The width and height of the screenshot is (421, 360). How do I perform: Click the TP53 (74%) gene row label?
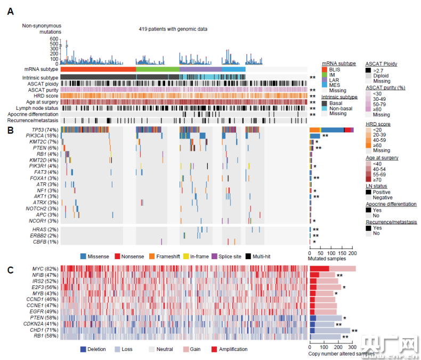click(44, 130)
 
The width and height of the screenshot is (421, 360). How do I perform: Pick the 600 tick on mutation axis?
click(54, 39)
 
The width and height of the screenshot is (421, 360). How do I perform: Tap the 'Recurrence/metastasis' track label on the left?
click(31, 121)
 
